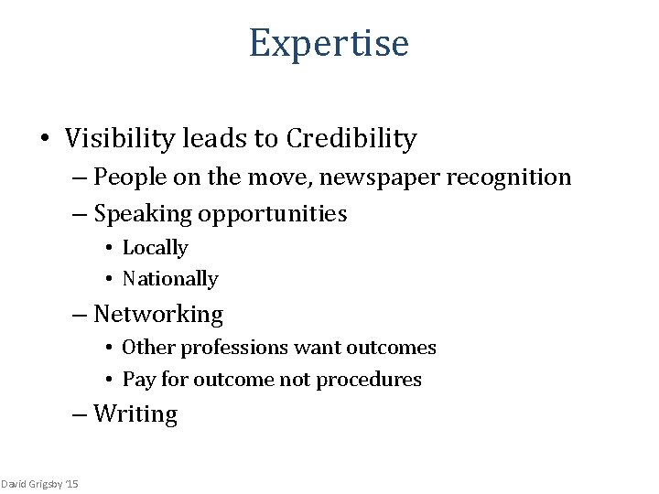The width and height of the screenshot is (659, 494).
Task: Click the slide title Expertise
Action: click(329, 43)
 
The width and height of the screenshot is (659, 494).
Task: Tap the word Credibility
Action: click(351, 138)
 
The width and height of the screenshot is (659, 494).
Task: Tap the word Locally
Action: click(155, 248)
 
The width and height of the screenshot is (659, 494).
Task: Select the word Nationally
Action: click(170, 279)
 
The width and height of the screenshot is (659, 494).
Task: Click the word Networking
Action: click(158, 315)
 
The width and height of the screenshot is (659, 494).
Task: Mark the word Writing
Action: click(135, 414)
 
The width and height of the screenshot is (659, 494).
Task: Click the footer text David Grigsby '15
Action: click(39, 483)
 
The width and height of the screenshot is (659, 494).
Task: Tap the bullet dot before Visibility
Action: click(43, 139)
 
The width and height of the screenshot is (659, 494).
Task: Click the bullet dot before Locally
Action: click(107, 249)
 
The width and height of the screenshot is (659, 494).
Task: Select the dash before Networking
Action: click(81, 316)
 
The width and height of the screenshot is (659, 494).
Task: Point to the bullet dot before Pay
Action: click(107, 380)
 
